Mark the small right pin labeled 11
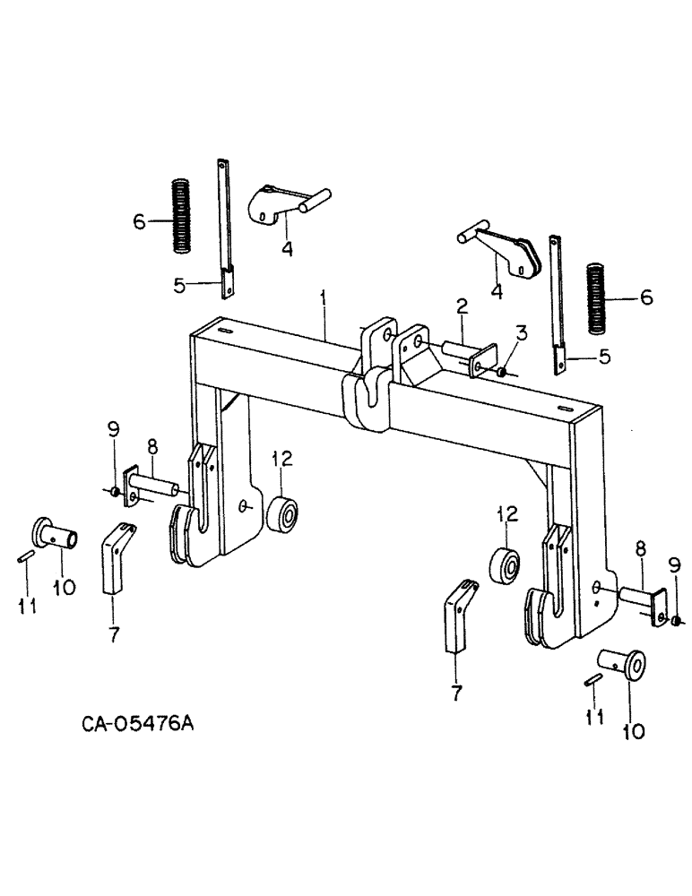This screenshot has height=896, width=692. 593,681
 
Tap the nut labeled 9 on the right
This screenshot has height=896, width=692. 675,621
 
